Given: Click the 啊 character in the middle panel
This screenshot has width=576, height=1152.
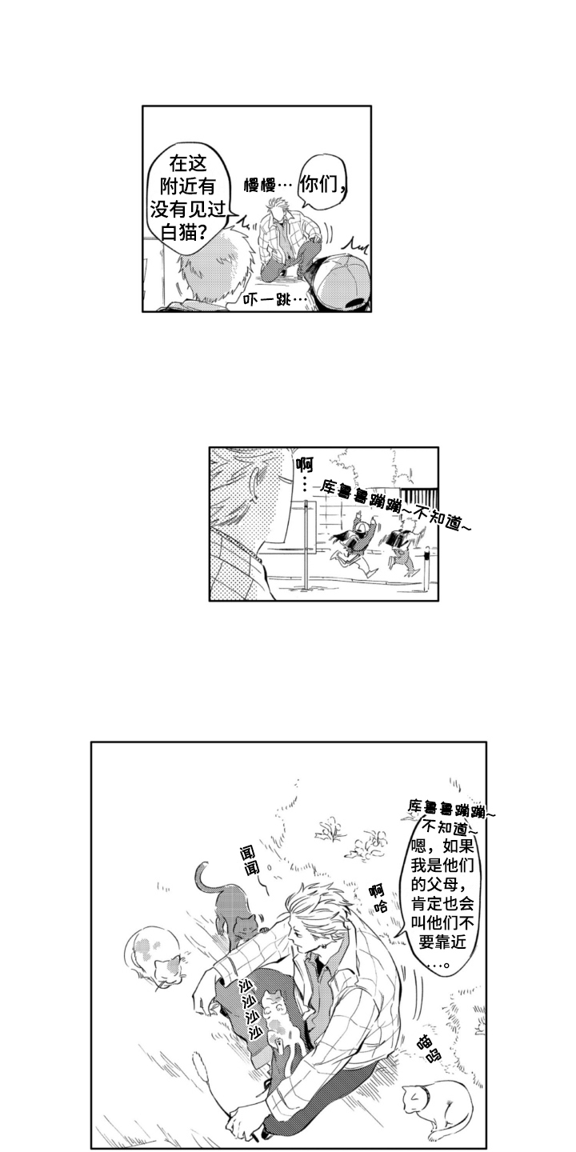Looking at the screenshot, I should pyautogui.click(x=303, y=464).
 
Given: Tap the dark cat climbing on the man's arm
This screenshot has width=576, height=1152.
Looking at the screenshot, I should pyautogui.click(x=234, y=911).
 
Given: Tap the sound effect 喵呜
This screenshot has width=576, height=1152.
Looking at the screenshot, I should pyautogui.click(x=428, y=1046).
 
